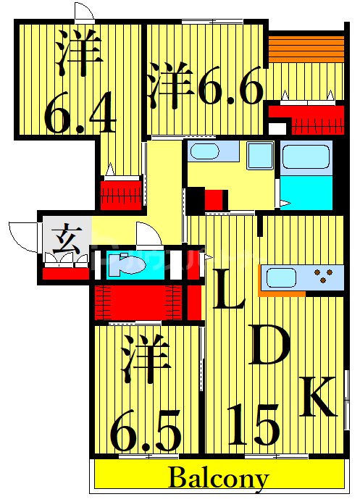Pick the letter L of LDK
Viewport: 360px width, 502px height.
tap(228, 290)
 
